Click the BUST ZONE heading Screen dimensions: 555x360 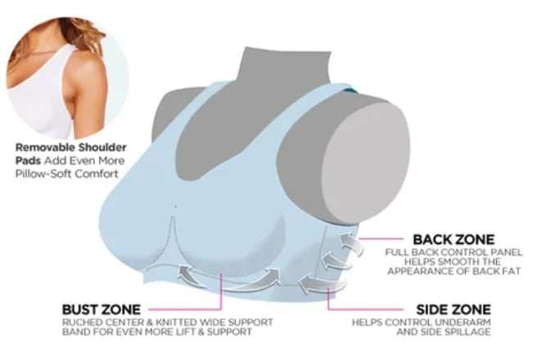[102, 309]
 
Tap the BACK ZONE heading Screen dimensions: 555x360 [453, 240]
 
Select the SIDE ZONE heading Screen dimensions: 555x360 [453, 309]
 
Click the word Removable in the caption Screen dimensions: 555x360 [45, 147]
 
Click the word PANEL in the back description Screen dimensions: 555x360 [505, 253]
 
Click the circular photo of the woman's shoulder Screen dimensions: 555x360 [67, 79]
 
